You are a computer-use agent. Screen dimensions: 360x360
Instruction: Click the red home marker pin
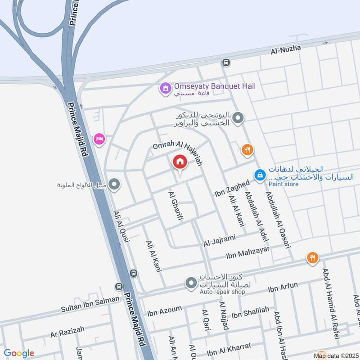[180, 162]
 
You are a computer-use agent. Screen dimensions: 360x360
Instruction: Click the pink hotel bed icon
[99, 139]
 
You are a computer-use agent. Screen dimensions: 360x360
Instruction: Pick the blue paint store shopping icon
[260, 175]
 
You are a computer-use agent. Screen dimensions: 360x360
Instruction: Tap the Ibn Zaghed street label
[232, 189]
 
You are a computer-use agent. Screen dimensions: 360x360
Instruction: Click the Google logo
[19, 353]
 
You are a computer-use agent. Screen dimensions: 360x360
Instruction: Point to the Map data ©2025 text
[337, 356]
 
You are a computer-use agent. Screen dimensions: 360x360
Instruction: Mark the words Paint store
[284, 184]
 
